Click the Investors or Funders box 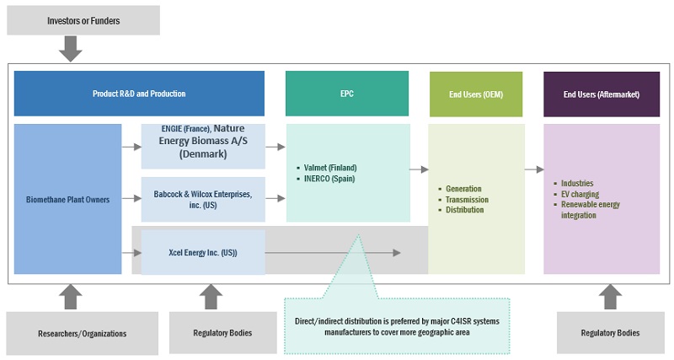(83, 20)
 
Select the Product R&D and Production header (139, 94)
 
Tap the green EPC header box (346, 94)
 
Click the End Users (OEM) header (477, 94)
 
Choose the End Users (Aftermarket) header (602, 94)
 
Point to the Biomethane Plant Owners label (67, 199)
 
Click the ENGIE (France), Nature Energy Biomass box (202, 146)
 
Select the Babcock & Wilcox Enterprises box (202, 199)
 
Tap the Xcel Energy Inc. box (202, 252)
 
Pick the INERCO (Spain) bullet (329, 179)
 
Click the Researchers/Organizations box (82, 333)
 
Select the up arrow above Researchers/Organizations (71, 295)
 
